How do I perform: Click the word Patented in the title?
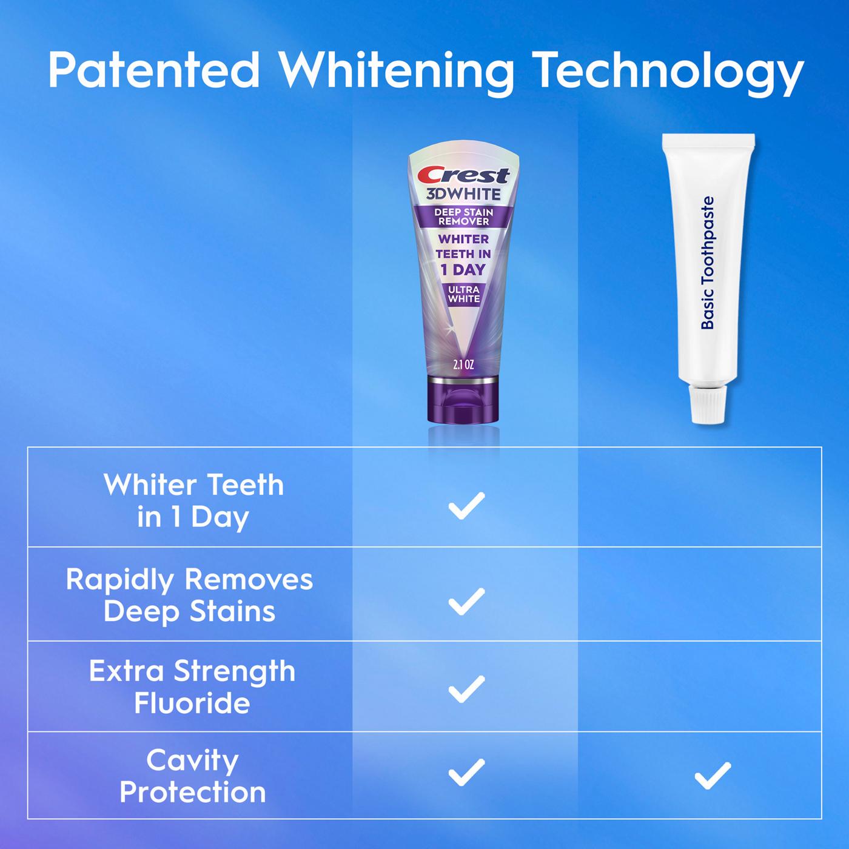tap(154, 71)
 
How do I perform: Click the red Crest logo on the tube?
tap(465, 175)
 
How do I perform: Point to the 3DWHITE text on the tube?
tap(463, 195)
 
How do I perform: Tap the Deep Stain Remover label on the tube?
tap(464, 216)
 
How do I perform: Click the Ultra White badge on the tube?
tap(464, 294)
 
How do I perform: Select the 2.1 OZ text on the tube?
tap(463, 364)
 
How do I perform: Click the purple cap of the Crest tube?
tap(464, 400)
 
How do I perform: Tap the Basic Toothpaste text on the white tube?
tap(708, 263)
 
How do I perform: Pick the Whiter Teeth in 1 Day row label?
tap(193, 501)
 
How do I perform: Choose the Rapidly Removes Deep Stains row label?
tap(190, 595)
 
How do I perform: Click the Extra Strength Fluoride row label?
tap(192, 687)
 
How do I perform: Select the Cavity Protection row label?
tap(193, 776)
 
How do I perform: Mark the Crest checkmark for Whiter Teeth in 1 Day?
tap(466, 506)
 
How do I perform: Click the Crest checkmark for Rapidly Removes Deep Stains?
tap(466, 601)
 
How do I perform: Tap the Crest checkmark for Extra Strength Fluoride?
tap(466, 689)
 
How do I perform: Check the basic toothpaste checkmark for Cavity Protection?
tap(713, 776)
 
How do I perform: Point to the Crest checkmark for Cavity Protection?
tap(466, 772)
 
